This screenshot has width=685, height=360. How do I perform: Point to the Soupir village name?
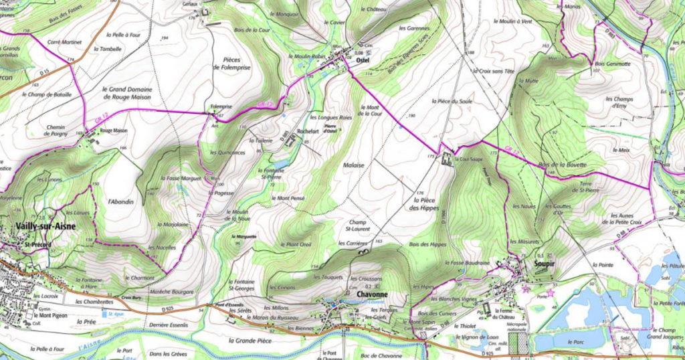(x=526, y=265)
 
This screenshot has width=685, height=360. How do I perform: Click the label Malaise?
(x=354, y=165)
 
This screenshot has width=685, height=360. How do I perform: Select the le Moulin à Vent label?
(x=512, y=21)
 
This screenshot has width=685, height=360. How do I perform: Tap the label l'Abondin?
(x=120, y=201)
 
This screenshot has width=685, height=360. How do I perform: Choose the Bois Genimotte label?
(x=612, y=64)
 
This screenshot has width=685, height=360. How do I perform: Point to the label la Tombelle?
(x=108, y=49)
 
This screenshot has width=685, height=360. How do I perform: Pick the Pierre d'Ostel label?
(x=329, y=130)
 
